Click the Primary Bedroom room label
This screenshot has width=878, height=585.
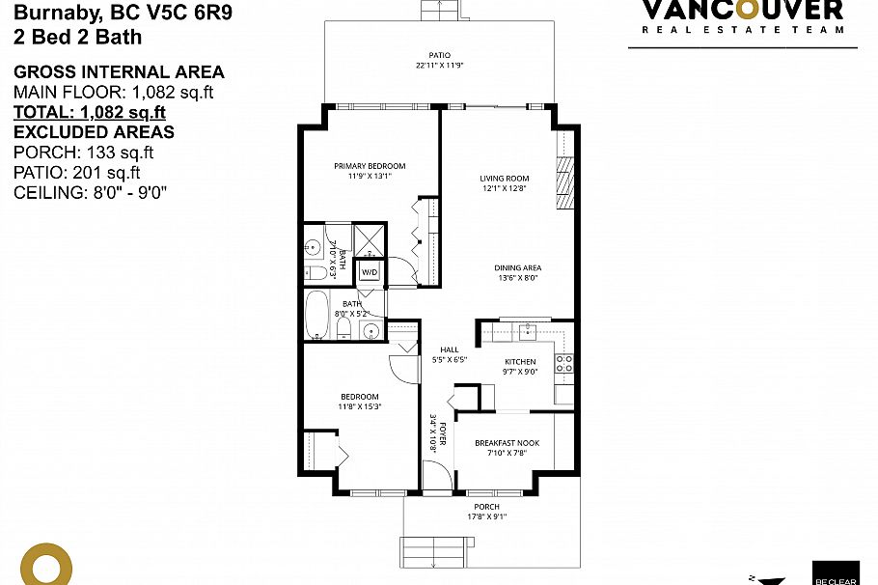370,166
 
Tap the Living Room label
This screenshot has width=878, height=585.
505,178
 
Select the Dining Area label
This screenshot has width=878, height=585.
518,267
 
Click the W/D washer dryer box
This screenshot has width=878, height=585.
370,273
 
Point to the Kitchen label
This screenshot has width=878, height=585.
520,362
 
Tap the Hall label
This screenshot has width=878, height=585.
449,349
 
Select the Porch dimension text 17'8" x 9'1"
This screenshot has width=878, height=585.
487,515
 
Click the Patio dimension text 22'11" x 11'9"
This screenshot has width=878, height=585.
440,66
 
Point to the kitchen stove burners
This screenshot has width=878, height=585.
564,364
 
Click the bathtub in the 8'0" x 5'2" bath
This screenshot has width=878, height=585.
316,315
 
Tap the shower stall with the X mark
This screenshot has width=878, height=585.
370,238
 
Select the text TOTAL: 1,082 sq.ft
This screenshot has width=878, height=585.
90,112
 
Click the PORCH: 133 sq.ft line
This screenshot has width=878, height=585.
84,153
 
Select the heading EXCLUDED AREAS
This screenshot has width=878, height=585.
94,132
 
